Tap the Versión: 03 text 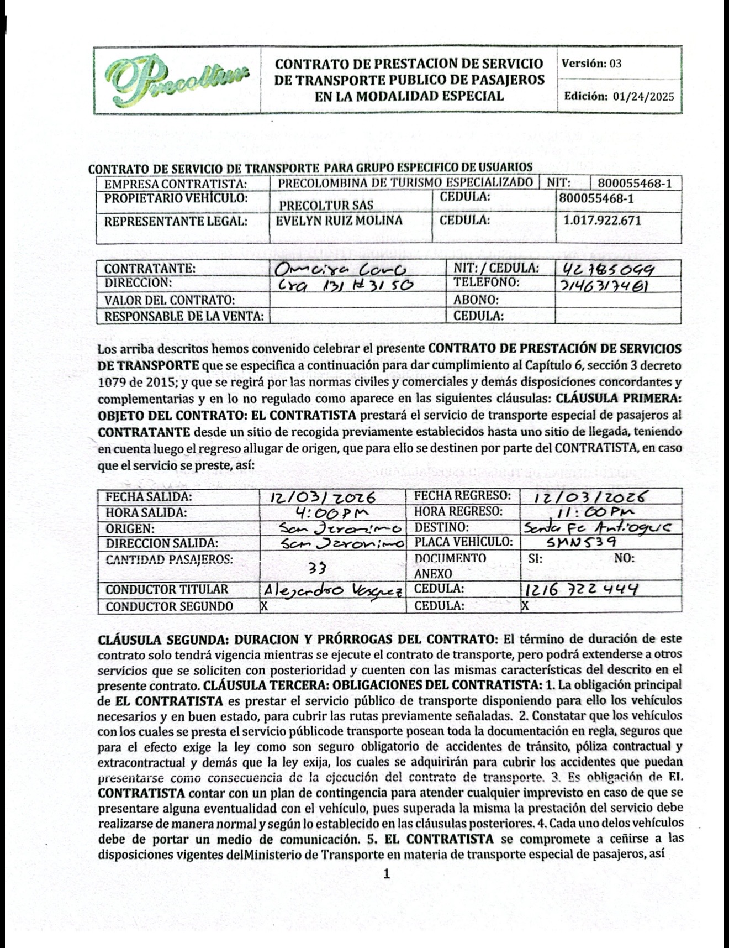pyautogui.click(x=591, y=64)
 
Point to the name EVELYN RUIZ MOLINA pyautogui.click(x=339, y=221)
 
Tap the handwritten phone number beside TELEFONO pyautogui.click(x=603, y=286)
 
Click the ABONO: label pyautogui.click(x=476, y=300)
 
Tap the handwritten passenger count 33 pyautogui.click(x=318, y=568)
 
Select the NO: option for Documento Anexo pyautogui.click(x=624, y=558)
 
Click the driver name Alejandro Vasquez pyautogui.click(x=334, y=590)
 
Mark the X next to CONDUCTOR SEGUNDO pyautogui.click(x=265, y=606)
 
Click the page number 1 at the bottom pyautogui.click(x=386, y=874)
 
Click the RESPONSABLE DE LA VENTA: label pyautogui.click(x=184, y=317)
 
